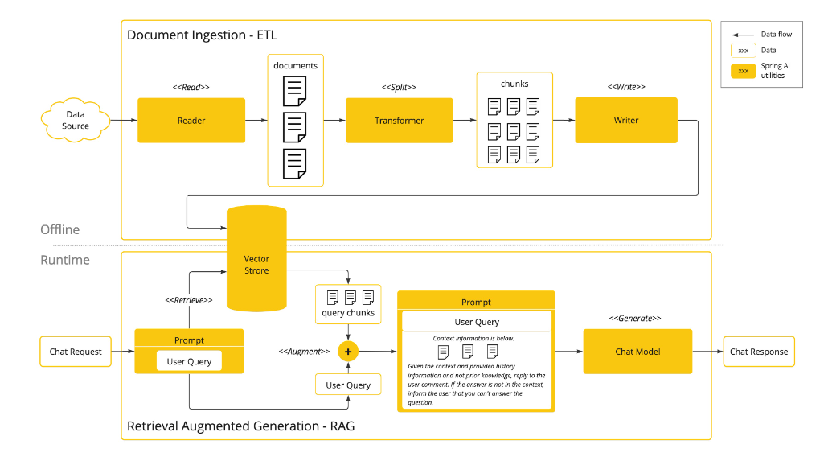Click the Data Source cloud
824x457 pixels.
pos(75,121)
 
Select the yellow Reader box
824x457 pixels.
pos(191,121)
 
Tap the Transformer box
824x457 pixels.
pos(399,121)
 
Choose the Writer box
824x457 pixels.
pos(626,121)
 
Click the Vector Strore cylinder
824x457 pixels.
pos(256,266)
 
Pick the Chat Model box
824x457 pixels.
pos(637,352)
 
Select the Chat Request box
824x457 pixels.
pos(76,352)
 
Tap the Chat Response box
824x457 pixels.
pos(759,352)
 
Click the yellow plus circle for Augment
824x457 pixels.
pos(347,352)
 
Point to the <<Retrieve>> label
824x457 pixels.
pos(188,300)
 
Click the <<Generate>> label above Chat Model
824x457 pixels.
pos(637,319)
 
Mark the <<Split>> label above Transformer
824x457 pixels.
pos(399,87)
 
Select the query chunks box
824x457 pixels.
pos(348,304)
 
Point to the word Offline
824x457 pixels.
pos(60,230)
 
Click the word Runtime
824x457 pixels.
pos(65,260)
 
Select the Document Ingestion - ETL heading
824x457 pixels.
pos(202,35)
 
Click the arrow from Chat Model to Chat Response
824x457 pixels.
pos(707,352)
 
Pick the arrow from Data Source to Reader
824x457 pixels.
pos(123,121)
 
